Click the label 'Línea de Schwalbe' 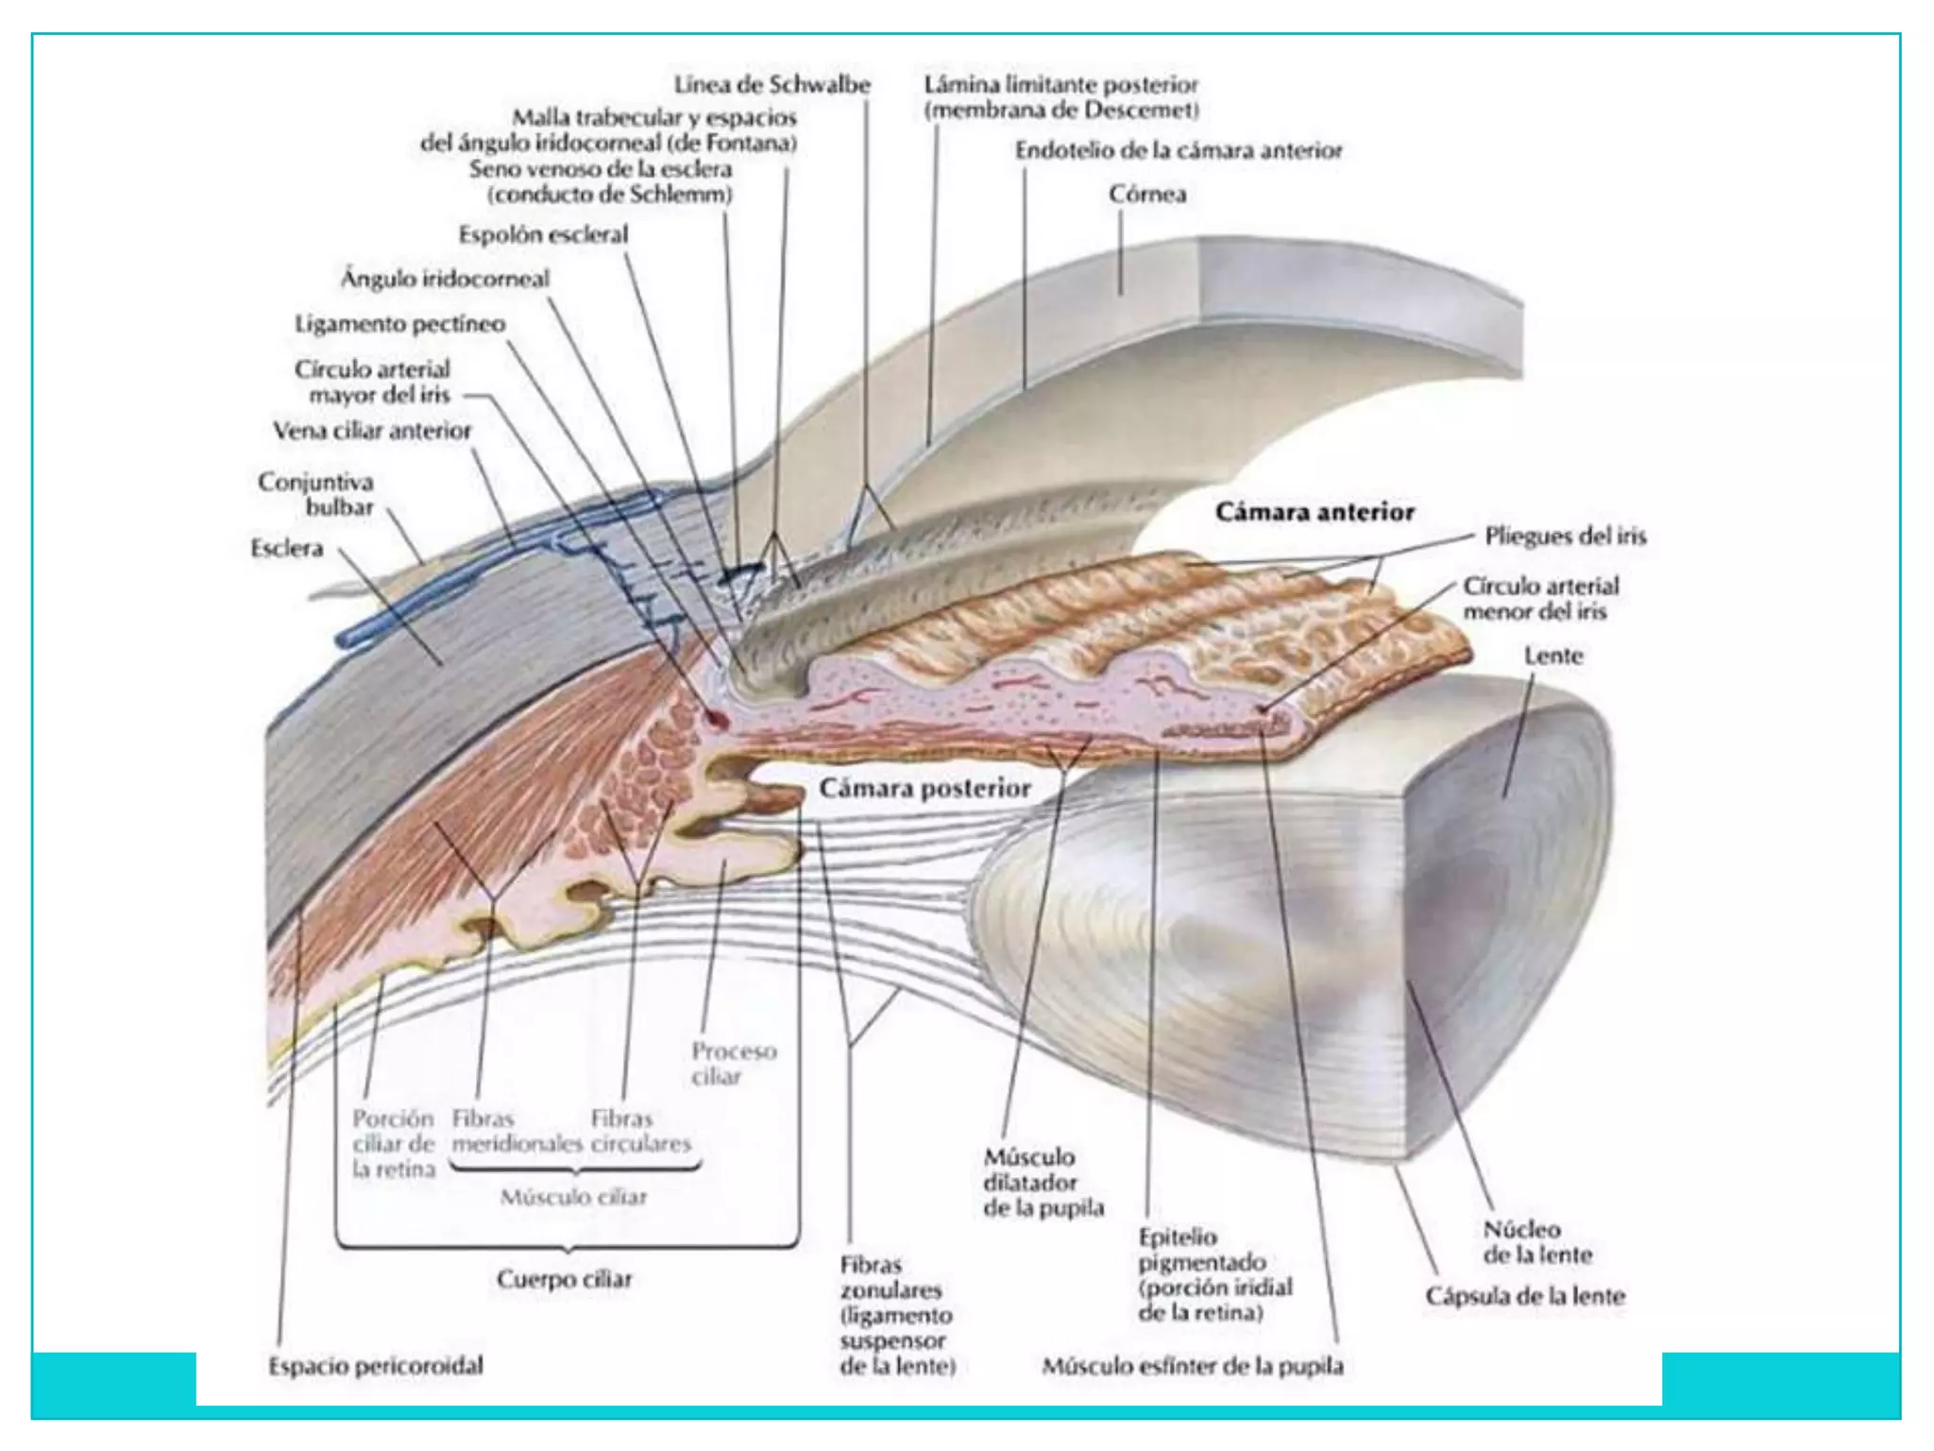[772, 85]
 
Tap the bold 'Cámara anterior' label [1315, 512]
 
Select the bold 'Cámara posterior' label [925, 789]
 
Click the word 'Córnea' [1147, 195]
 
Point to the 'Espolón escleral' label [543, 234]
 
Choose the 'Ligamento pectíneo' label [399, 324]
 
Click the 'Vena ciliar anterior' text [372, 431]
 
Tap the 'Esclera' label [286, 548]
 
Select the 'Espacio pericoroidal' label [375, 1366]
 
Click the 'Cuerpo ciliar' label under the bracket [564, 1279]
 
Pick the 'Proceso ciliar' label [733, 1064]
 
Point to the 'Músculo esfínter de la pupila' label [1192, 1366]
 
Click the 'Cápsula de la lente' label [1525, 1296]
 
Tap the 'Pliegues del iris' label [1565, 537]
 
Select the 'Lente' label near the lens [1552, 656]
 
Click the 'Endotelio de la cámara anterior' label [1178, 151]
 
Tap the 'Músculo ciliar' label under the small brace [572, 1198]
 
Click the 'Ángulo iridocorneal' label [444, 279]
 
